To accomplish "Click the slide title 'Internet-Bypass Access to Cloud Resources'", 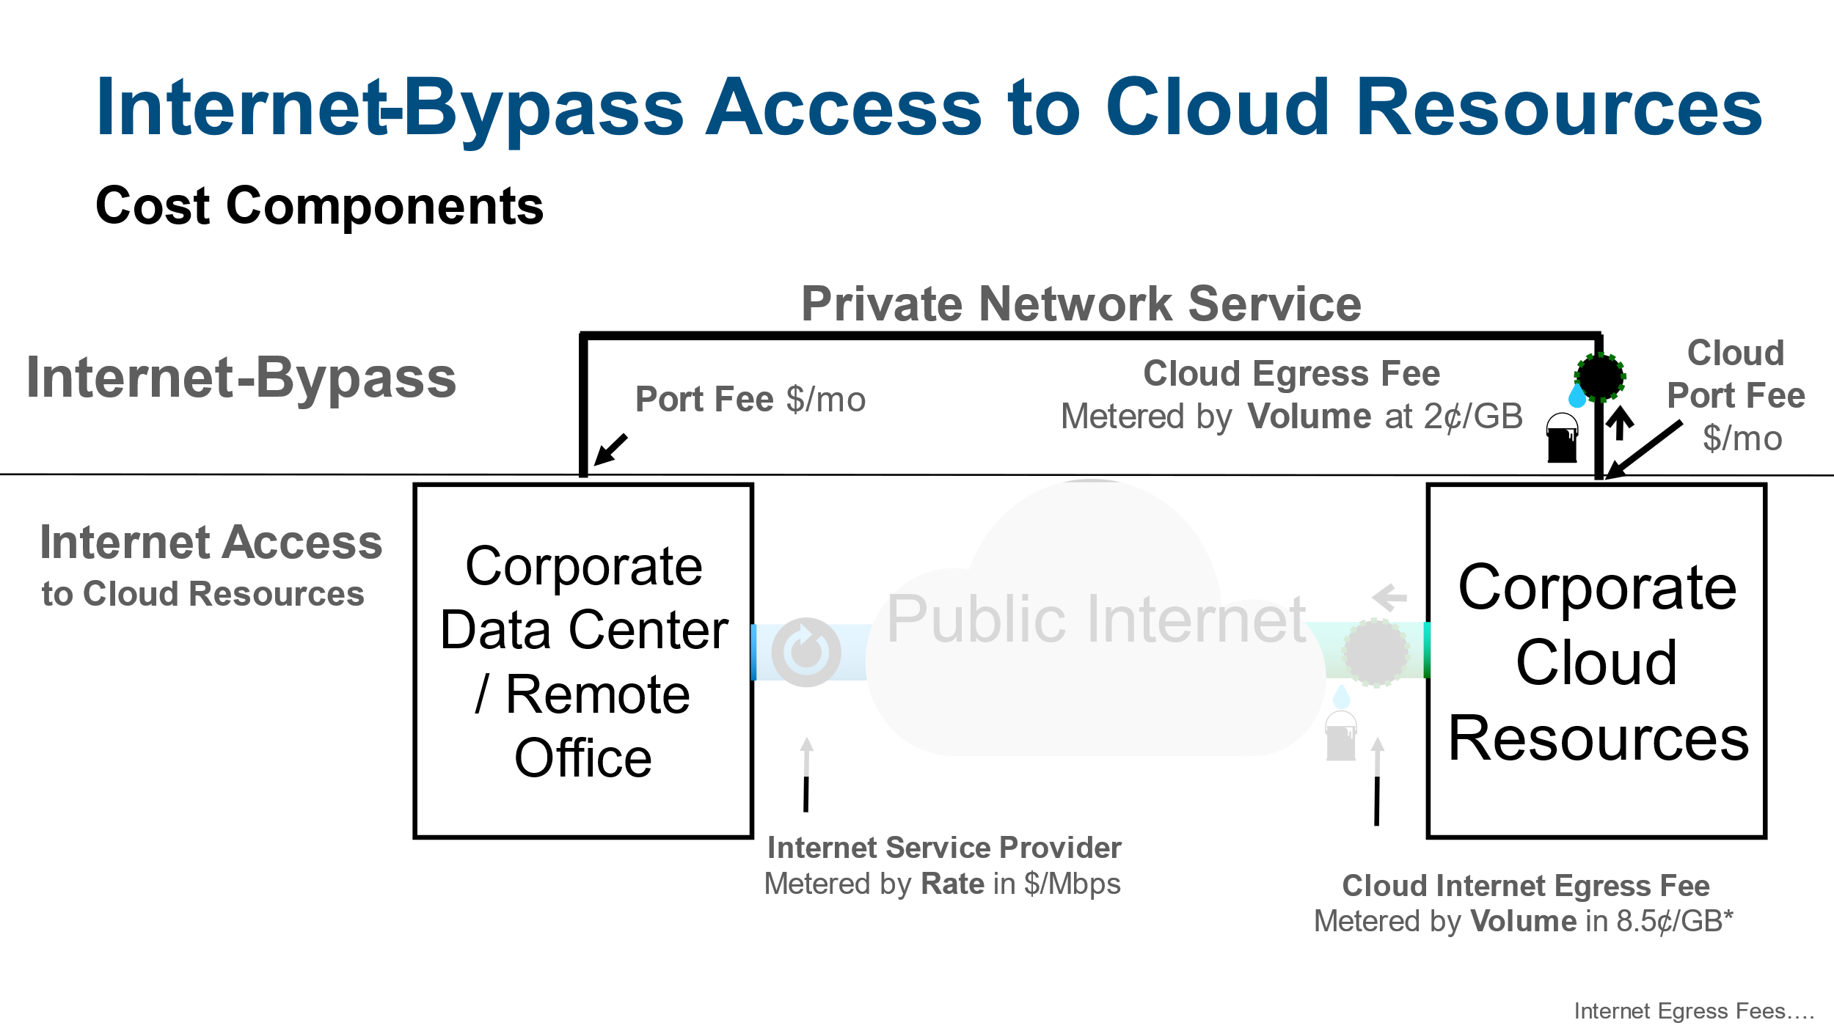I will click(928, 109).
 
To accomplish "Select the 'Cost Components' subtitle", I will click(319, 206).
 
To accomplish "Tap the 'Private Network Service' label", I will click(1081, 304).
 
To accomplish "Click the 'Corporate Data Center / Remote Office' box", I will click(583, 660).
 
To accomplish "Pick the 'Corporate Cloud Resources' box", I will click(1596, 660).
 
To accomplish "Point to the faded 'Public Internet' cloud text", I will click(1096, 620).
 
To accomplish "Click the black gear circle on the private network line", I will click(1600, 377).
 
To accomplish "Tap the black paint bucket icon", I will click(1562, 438).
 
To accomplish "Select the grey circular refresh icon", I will click(805, 652).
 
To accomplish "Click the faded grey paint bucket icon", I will click(1340, 736).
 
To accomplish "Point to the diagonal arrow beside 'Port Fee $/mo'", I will click(610, 449).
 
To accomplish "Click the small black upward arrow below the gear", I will click(1620, 424).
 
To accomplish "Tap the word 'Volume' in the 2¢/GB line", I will click(1309, 417).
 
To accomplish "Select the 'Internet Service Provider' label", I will click(944, 848).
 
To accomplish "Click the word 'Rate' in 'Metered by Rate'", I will click(952, 884).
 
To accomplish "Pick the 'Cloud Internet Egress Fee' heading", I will click(1526, 886).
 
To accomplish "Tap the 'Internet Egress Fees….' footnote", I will click(1694, 1011).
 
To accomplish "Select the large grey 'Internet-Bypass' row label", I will click(241, 378).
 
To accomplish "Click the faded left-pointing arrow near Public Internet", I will click(1389, 597).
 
